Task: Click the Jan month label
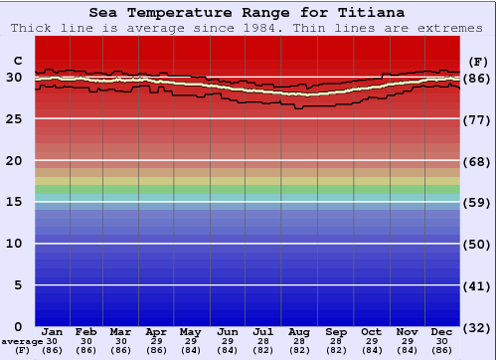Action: click(53, 331)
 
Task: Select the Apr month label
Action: click(156, 331)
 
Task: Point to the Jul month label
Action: click(263, 331)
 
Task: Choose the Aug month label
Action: click(299, 331)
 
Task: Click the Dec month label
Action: click(442, 331)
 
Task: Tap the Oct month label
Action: click(371, 331)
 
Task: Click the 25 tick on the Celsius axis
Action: click(15, 119)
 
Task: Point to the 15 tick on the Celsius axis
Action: click(15, 202)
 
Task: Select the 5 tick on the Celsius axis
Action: click(18, 285)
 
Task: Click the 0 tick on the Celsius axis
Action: click(18, 326)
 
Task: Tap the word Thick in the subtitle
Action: click(33, 28)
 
